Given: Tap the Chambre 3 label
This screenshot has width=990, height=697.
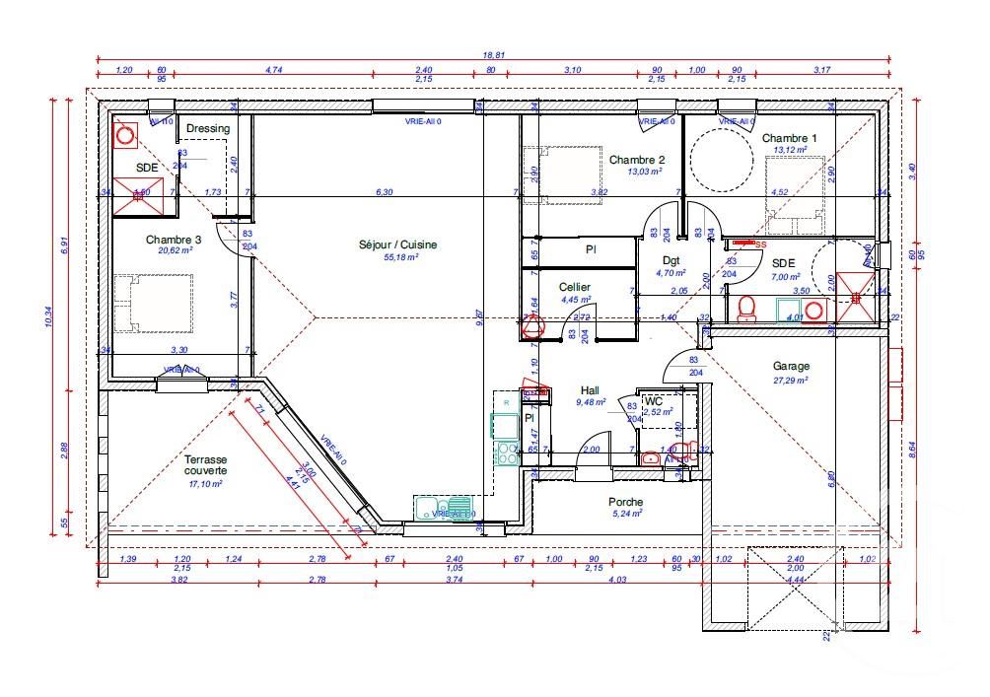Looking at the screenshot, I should [174, 240].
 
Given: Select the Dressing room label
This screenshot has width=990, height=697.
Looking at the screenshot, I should [208, 128].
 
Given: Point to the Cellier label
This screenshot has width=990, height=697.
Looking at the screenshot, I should [574, 287].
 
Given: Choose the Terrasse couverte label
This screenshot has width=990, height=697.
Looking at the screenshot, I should [204, 465].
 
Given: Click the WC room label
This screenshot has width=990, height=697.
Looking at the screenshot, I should [653, 401].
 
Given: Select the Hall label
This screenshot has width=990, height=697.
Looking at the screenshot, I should [590, 389].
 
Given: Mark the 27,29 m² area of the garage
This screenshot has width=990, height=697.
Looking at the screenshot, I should [790, 379].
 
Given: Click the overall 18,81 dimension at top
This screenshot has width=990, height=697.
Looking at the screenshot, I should [494, 56].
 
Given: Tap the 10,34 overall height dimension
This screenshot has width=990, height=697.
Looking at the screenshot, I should [49, 317].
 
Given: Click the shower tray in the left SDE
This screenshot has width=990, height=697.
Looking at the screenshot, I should [137, 195].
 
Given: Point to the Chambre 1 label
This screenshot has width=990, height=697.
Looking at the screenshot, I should [789, 139].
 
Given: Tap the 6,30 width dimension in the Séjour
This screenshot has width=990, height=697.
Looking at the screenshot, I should [385, 192].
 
